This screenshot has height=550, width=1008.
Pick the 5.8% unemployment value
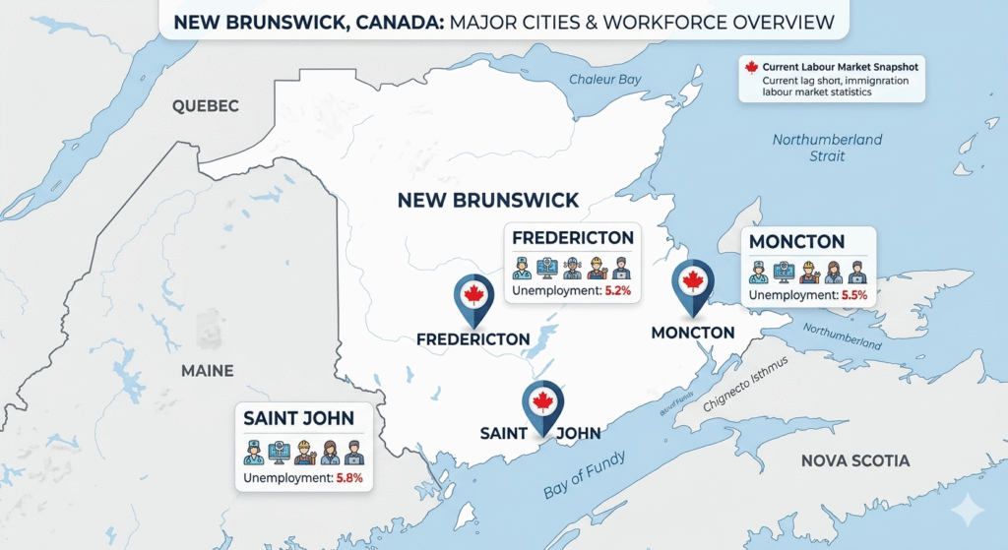coord(349,478)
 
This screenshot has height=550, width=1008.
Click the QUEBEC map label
coord(205,106)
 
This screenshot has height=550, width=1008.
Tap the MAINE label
coord(207,371)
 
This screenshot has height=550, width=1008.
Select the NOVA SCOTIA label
coord(854,460)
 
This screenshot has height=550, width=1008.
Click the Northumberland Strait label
coord(827,148)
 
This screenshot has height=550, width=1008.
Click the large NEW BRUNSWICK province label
coord(487,201)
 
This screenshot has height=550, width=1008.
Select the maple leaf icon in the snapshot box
coord(752,68)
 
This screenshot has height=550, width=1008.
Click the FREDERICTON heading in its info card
coord(572,239)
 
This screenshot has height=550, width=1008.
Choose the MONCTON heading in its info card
coord(796,242)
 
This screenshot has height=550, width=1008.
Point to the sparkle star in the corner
coord(969,510)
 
